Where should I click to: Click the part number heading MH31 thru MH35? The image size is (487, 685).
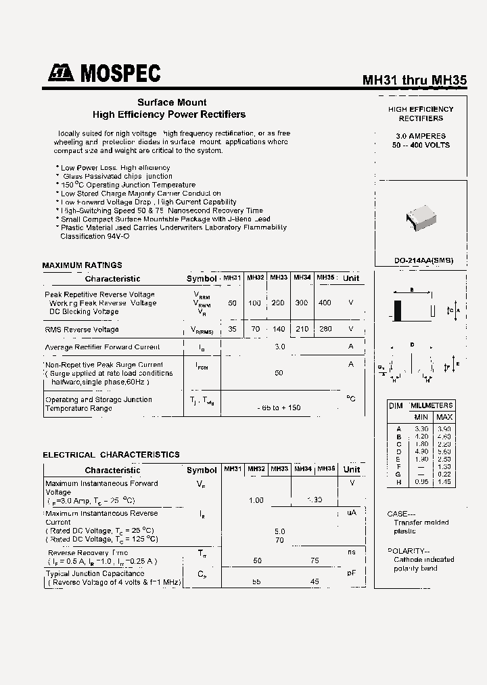(x=415, y=80)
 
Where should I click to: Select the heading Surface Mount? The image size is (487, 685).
(x=172, y=102)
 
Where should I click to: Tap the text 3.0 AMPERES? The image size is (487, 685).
(x=421, y=136)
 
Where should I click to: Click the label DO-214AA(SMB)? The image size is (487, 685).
(x=423, y=261)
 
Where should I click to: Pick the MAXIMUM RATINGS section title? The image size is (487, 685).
(x=82, y=265)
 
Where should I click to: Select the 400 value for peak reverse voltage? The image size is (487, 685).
(x=325, y=303)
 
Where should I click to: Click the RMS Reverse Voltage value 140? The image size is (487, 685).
(x=278, y=329)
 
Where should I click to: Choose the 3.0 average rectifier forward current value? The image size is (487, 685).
(x=279, y=347)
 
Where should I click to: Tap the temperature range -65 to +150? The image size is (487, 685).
(x=279, y=407)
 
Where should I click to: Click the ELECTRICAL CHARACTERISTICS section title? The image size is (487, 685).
(x=111, y=455)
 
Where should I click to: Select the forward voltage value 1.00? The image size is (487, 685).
(x=256, y=500)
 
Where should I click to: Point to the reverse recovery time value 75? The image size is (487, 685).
(x=314, y=561)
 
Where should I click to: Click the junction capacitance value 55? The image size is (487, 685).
(x=256, y=581)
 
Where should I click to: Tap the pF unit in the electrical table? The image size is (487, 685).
(x=351, y=573)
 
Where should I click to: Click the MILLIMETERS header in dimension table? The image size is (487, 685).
(x=431, y=405)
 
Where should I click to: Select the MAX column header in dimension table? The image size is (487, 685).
(x=444, y=417)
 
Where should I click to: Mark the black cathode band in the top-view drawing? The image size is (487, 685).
(x=398, y=310)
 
